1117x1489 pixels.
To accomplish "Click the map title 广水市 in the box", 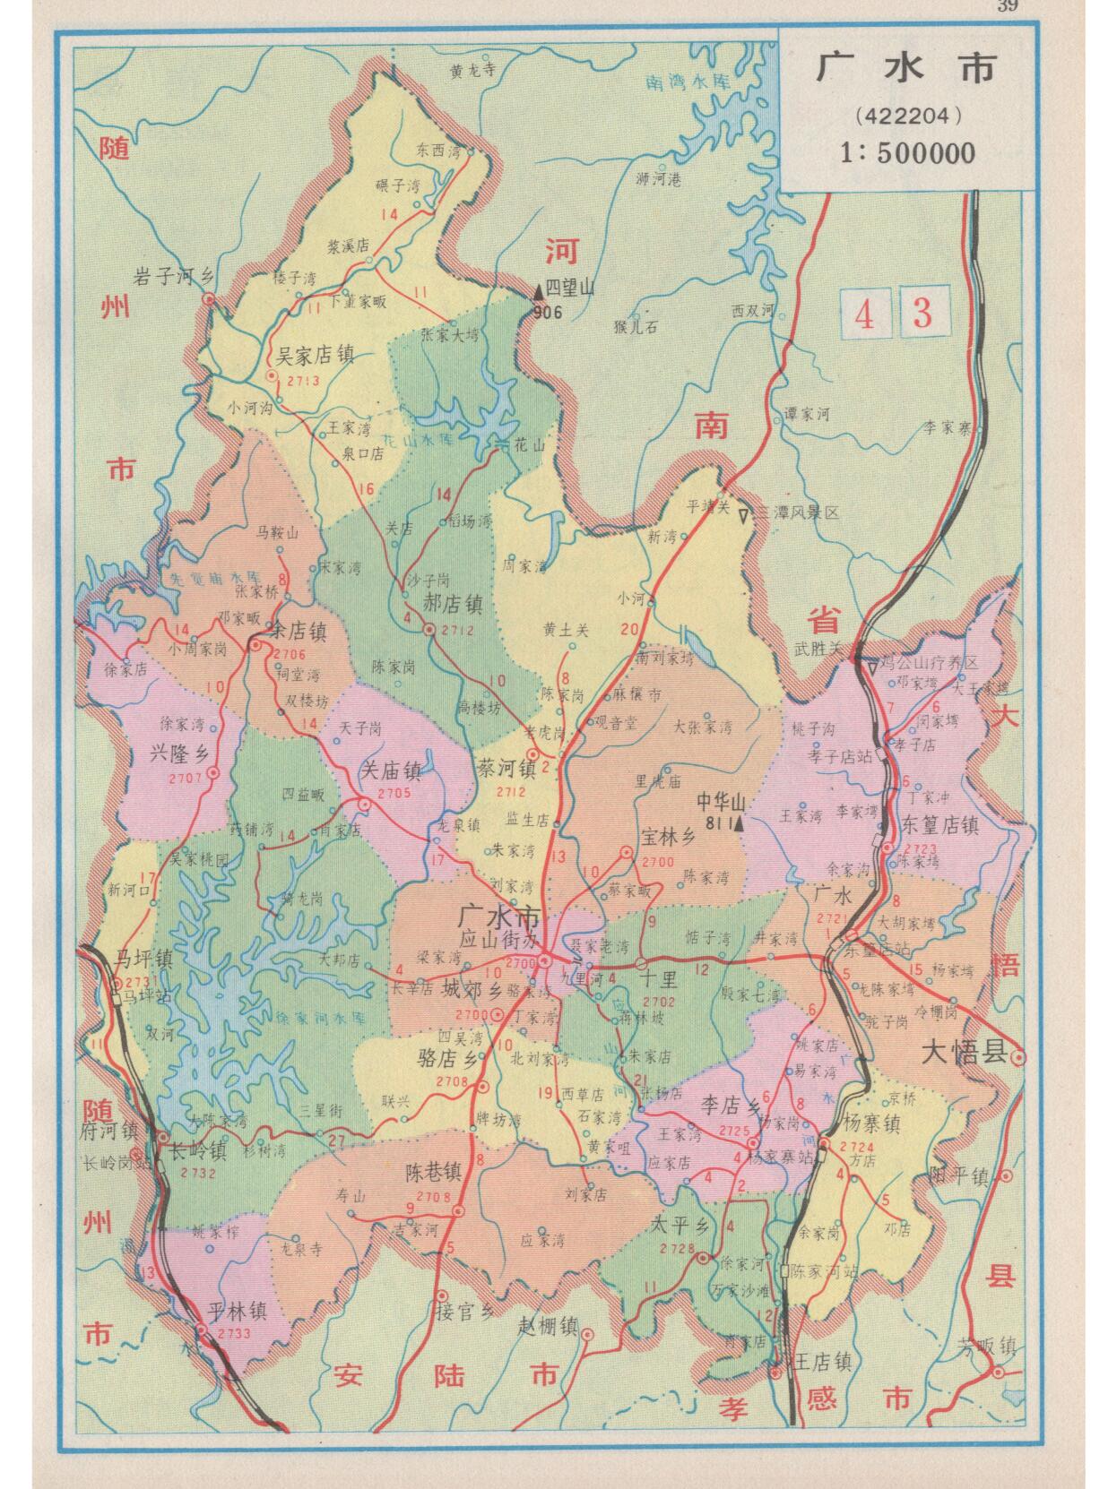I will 905,69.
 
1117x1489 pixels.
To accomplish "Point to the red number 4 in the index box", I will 864,314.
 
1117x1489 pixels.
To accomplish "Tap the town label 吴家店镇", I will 314,357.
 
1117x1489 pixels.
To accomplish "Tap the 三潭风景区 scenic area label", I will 798,513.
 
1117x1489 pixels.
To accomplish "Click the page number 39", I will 1007,8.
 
